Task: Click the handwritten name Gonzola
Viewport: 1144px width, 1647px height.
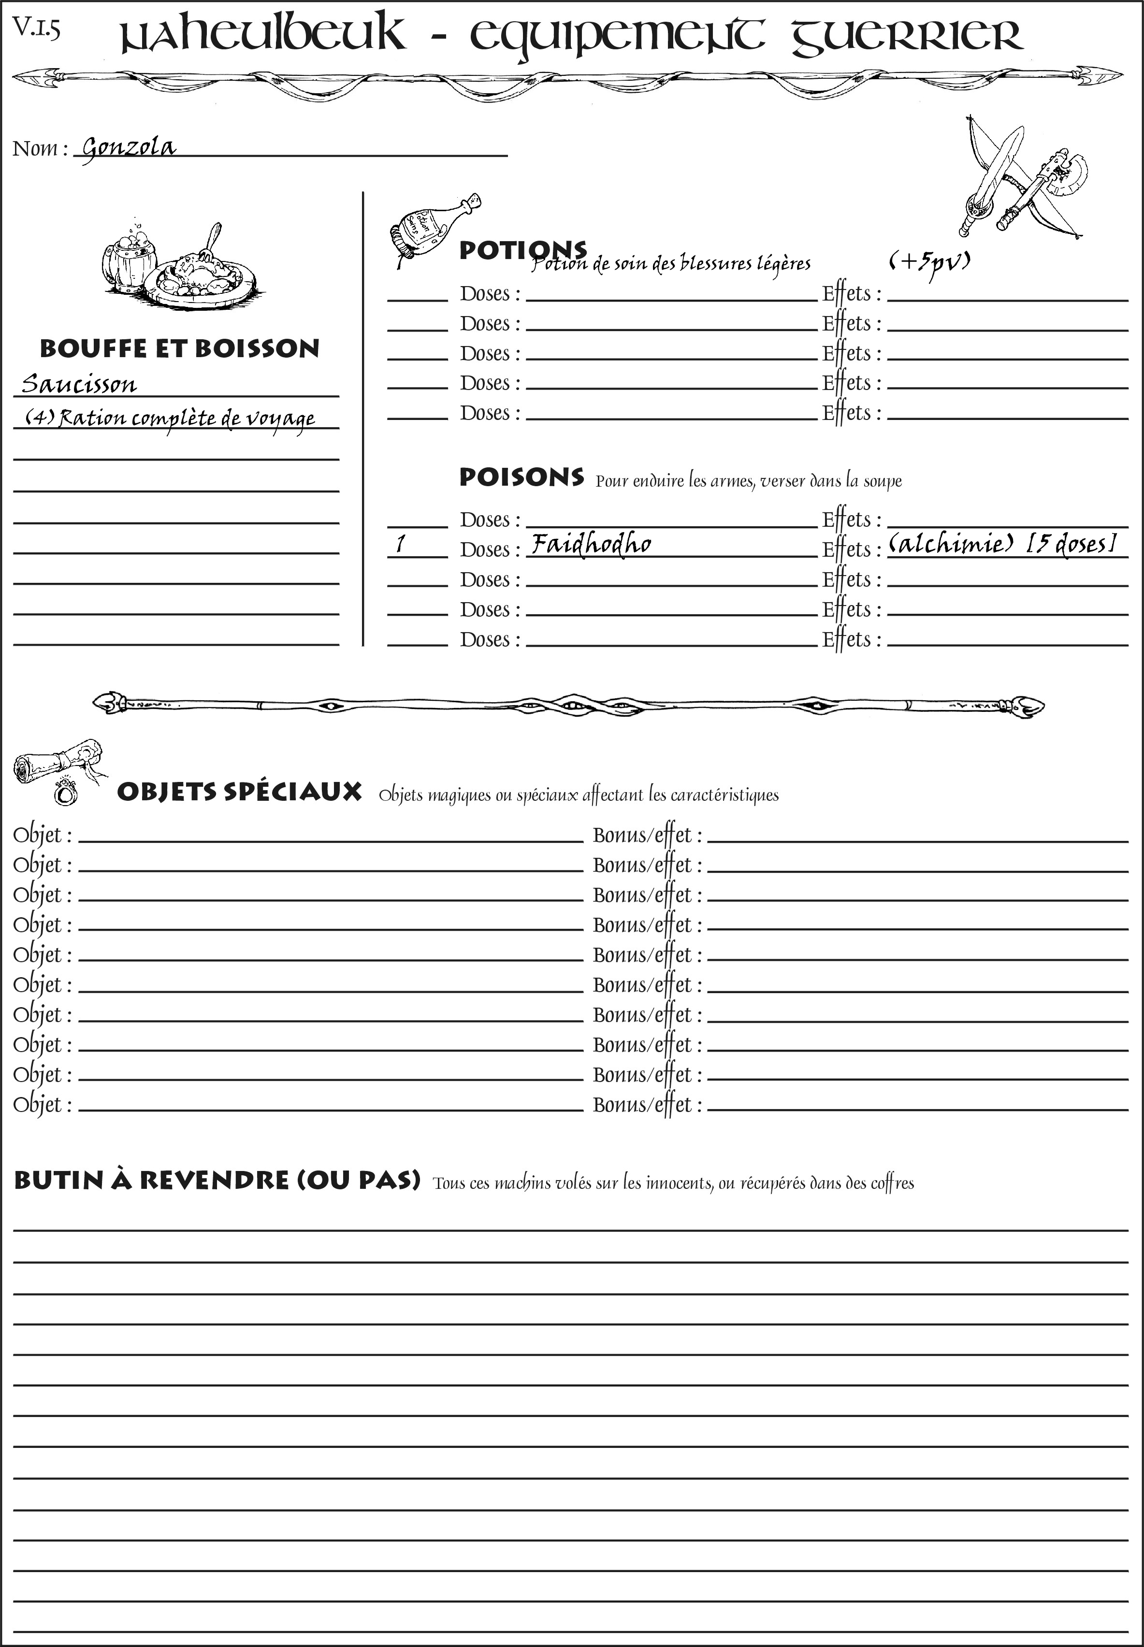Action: (128, 148)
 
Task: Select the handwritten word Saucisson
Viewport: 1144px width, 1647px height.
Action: (79, 384)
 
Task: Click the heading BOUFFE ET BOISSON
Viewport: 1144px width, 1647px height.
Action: (179, 348)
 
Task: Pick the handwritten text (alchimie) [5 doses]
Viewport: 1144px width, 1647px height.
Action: (1002, 544)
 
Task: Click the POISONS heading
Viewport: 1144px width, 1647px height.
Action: (521, 477)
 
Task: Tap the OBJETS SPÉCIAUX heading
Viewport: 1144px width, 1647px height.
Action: (239, 792)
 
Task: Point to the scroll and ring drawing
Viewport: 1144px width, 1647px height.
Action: (59, 770)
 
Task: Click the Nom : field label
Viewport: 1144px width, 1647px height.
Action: (40, 149)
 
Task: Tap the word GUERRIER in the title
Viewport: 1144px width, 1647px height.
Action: (907, 36)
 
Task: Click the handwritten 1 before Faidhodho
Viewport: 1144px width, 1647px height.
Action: (401, 545)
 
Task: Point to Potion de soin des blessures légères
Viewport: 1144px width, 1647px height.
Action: (671, 264)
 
